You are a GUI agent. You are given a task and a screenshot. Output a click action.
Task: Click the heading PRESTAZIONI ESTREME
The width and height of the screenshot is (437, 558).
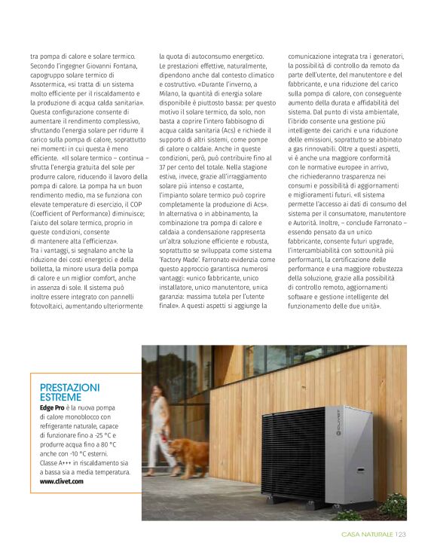[69, 392]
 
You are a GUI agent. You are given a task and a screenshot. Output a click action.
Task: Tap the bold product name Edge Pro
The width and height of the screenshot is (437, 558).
[52, 407]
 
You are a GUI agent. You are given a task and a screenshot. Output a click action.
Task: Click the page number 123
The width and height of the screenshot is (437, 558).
[400, 535]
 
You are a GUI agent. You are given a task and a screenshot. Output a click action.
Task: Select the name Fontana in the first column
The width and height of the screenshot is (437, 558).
[127, 66]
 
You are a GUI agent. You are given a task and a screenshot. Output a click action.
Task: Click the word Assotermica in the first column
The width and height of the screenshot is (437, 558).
[51, 85]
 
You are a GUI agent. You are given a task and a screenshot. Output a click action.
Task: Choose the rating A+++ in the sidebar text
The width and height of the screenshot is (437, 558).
[67, 462]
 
